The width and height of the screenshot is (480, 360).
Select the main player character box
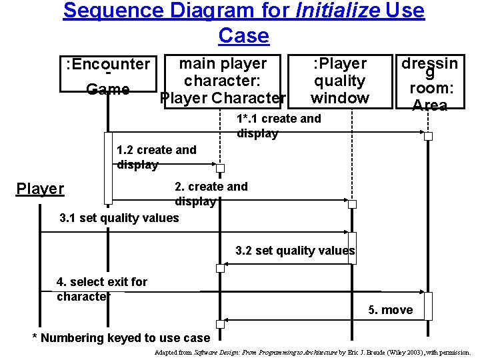[x=223, y=81]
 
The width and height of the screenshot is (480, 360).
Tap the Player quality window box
[x=340, y=81]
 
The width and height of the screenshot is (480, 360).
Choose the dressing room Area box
[x=429, y=83]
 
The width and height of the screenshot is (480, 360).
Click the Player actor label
[x=40, y=189]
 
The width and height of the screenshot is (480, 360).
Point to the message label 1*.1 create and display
[x=278, y=126]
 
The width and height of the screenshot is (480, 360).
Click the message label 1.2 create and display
[x=156, y=157]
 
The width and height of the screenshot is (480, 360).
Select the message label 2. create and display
[x=211, y=194]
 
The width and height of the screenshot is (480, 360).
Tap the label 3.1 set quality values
[x=119, y=218]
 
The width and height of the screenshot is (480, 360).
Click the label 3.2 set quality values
[x=295, y=251]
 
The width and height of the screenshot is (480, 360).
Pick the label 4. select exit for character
[x=102, y=289]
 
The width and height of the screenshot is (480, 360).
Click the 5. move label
[x=390, y=309]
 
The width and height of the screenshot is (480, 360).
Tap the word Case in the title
[x=243, y=35]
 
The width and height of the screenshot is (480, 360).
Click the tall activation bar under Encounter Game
[x=108, y=167]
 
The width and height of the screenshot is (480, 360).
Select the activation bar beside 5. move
[x=428, y=305]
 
